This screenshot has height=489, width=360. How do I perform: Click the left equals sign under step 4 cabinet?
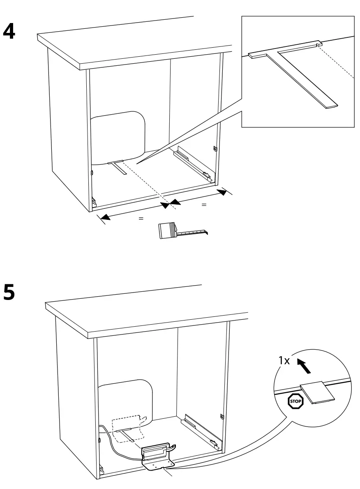click(x=141, y=219)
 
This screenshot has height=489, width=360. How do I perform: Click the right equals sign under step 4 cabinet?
click(x=203, y=204)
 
